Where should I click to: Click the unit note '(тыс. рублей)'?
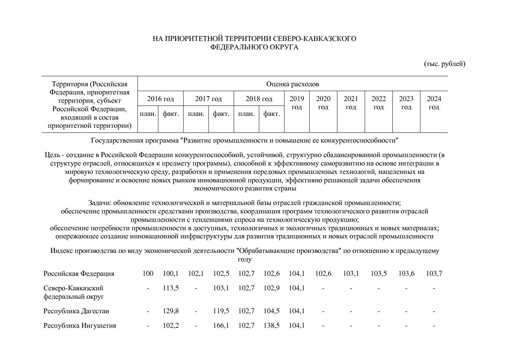[445, 64]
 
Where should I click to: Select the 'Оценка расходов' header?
[293, 84]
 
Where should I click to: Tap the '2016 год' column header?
[160, 99]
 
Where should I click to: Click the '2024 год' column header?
[434, 103]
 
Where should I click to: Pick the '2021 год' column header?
[351, 103]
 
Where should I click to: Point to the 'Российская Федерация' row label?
[79, 273]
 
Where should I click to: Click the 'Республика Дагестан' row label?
[76, 311]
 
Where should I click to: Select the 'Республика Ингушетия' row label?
[80, 325]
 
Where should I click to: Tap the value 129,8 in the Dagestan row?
[171, 311]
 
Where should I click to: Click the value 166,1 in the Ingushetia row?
[221, 325]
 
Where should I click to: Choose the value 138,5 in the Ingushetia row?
[271, 325]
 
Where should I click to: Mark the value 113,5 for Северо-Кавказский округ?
[171, 288]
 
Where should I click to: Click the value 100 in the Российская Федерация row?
[148, 273]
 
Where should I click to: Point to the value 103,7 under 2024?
[434, 273]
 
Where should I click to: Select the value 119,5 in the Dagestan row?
[221, 311]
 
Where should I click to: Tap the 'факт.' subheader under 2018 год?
[271, 114]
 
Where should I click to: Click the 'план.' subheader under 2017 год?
[196, 114]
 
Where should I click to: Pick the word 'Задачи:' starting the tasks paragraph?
[100, 203]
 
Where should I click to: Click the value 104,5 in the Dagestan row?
[271, 311]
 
